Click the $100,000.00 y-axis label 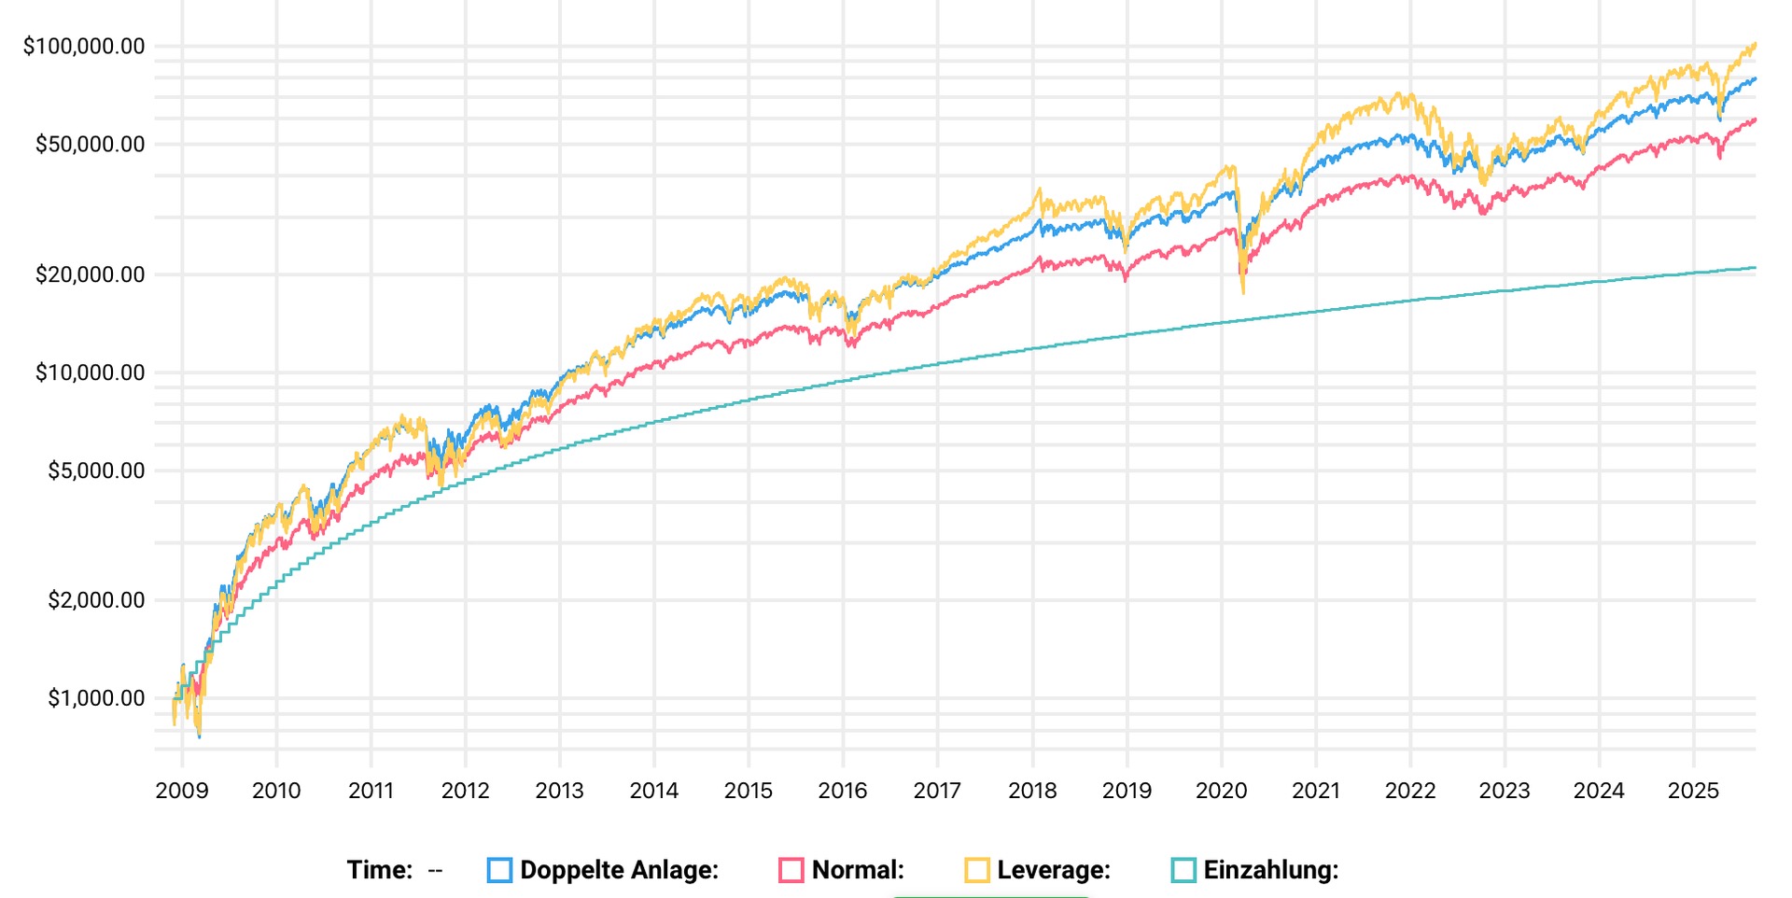click(84, 46)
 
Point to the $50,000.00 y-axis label click(90, 144)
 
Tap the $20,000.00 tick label click(90, 274)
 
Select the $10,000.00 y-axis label click(90, 372)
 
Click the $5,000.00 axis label click(96, 470)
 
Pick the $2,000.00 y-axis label click(96, 600)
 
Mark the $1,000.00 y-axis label click(96, 698)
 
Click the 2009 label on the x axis click(182, 791)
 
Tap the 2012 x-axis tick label click(465, 791)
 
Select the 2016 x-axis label click(843, 791)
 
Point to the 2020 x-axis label click(1221, 791)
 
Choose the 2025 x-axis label click(1693, 791)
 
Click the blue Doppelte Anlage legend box click(499, 870)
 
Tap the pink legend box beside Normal click(791, 870)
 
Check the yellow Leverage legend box click(976, 870)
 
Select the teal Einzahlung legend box click(1183, 870)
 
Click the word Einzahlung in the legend click(1269, 870)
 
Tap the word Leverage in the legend click(1053, 870)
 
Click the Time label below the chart click(379, 870)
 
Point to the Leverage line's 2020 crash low click(1243, 291)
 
